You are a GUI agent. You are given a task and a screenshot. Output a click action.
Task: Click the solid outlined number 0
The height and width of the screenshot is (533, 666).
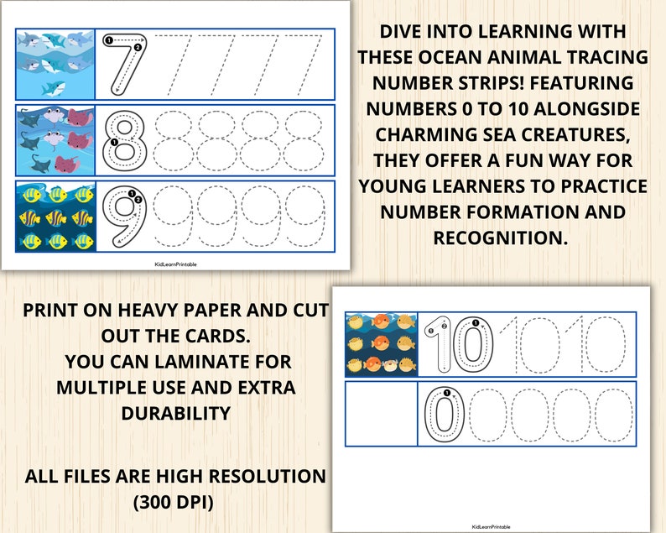pos(443,414)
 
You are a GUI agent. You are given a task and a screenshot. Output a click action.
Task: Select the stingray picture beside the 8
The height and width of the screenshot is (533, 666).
pos(55,138)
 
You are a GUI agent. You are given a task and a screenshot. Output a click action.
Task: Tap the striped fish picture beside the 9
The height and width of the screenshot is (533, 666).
pos(55,216)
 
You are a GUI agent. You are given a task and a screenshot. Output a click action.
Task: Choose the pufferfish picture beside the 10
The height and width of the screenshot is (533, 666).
pos(381,344)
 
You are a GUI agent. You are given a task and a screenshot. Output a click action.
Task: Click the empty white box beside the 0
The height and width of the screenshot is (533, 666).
pos(381,414)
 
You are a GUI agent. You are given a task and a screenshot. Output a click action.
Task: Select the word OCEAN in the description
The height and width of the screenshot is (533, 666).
pos(452,58)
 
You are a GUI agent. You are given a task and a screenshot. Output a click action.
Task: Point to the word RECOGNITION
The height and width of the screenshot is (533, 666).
pos(500,238)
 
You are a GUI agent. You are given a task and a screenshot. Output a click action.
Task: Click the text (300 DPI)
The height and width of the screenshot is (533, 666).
pos(174,502)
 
